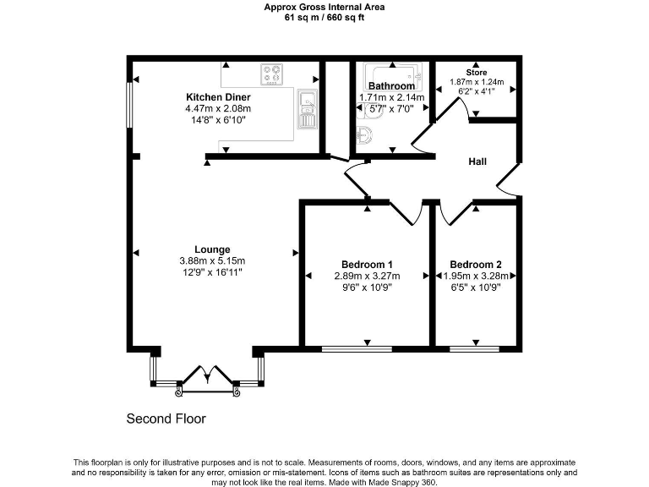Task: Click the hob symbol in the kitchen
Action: (272, 74)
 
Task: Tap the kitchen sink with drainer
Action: (307, 111)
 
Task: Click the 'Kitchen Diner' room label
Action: (218, 97)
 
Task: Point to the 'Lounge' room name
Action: (212, 249)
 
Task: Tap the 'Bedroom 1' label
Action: (366, 263)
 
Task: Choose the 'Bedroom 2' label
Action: (476, 263)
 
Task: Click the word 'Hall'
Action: (477, 161)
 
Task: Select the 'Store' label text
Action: (476, 73)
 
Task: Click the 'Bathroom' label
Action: (391, 86)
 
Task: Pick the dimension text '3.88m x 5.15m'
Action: (212, 260)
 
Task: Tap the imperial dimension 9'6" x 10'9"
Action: (366, 287)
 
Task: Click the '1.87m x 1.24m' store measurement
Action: (476, 82)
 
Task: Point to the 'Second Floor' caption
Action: (166, 419)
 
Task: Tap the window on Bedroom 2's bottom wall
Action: (474, 347)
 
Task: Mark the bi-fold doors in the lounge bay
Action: (206, 378)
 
